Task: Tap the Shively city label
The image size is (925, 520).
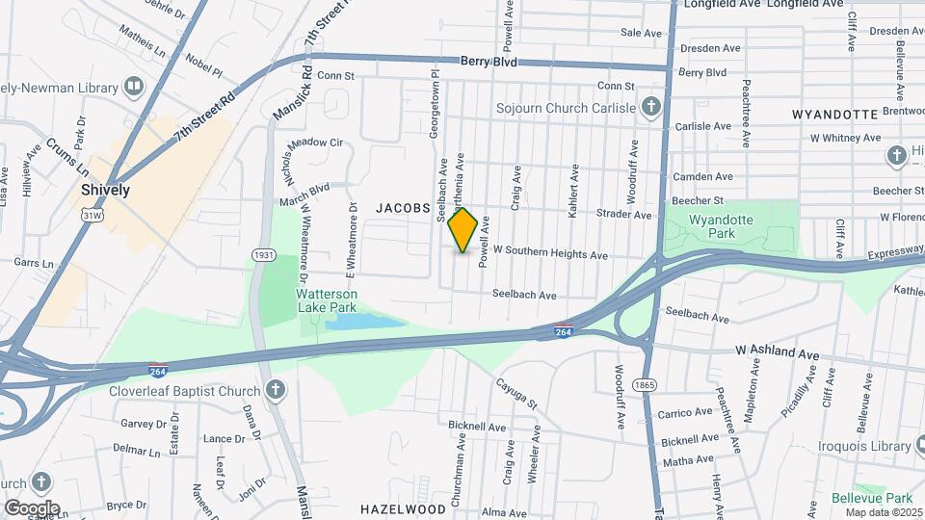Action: [x=105, y=190]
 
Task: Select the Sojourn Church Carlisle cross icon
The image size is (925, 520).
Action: [x=651, y=106]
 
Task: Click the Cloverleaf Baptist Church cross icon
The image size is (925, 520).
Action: [x=276, y=391]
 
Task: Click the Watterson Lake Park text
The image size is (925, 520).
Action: [x=327, y=299]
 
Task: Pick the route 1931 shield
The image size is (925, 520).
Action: [x=263, y=254]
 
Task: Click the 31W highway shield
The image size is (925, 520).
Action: [x=92, y=216]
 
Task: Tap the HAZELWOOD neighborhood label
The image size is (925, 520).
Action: [x=403, y=507]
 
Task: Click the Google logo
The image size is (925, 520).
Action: [x=32, y=507]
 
